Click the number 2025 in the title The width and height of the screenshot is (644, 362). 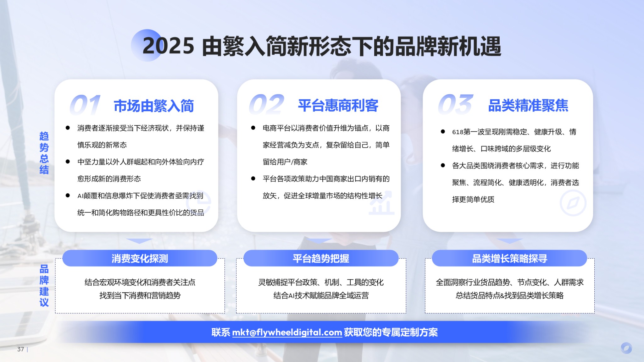tap(168, 46)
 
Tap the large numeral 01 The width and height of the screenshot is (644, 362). tap(85, 105)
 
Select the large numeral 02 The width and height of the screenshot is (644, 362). tap(267, 104)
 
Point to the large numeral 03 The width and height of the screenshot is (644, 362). tap(456, 104)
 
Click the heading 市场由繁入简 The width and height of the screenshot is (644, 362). tap(154, 106)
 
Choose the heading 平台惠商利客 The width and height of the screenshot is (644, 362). tap(338, 105)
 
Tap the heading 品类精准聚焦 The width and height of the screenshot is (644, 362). tap(528, 105)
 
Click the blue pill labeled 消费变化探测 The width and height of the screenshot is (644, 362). tap(140, 258)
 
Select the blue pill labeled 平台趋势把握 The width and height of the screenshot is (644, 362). tap(321, 258)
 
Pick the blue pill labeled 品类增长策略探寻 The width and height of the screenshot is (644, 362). tap(509, 258)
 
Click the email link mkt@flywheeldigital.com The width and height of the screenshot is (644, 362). tap(287, 332)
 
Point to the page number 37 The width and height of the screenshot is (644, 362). tap(20, 349)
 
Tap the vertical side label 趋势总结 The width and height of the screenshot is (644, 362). tap(44, 153)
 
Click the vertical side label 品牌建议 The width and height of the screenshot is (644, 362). tap(44, 286)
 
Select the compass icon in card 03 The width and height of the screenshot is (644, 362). tap(573, 203)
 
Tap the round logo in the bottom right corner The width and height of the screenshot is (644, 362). tap(626, 348)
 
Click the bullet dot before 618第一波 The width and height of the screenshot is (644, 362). tap(443, 132)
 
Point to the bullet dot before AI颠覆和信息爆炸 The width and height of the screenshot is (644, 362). tap(68, 195)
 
